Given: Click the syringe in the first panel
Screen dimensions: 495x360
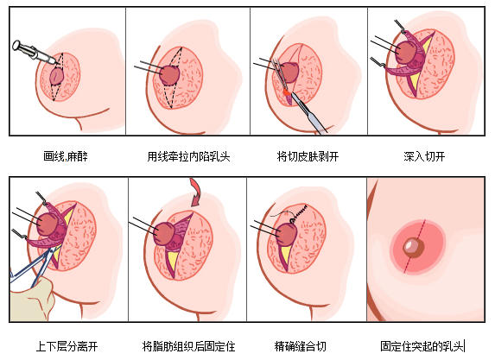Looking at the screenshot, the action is click(x=35, y=53).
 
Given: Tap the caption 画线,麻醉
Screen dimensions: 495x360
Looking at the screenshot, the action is click(x=66, y=156).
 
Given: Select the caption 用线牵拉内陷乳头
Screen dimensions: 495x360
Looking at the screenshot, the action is click(x=188, y=156).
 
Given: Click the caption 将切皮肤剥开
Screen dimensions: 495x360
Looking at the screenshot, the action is click(x=308, y=156).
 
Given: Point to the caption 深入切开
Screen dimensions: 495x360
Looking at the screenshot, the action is click(x=424, y=156).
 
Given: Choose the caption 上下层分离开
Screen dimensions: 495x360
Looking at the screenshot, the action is click(x=67, y=346).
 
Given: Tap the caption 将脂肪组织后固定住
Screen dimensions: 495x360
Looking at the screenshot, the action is click(x=188, y=346).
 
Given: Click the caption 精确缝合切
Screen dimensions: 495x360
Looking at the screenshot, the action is click(x=300, y=346).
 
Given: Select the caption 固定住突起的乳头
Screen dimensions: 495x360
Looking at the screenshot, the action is click(x=422, y=346).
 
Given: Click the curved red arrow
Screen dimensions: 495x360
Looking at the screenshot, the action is click(x=196, y=193).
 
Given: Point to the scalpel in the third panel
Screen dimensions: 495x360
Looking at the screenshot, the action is click(x=308, y=112).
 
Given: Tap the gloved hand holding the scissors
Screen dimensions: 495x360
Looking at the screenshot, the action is click(x=31, y=300).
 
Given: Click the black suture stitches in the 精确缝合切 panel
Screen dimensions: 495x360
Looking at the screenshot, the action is click(x=298, y=212).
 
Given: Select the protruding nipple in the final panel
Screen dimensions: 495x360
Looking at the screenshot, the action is click(x=413, y=247).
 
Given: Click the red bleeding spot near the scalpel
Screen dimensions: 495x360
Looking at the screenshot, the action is click(x=287, y=92).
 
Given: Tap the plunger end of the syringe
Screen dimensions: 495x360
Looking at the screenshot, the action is click(x=16, y=45).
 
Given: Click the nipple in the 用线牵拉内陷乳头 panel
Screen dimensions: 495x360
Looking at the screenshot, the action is click(x=169, y=75).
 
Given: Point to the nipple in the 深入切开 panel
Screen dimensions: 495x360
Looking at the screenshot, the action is click(x=406, y=53).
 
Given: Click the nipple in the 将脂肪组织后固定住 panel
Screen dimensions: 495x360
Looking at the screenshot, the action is click(x=164, y=233).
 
